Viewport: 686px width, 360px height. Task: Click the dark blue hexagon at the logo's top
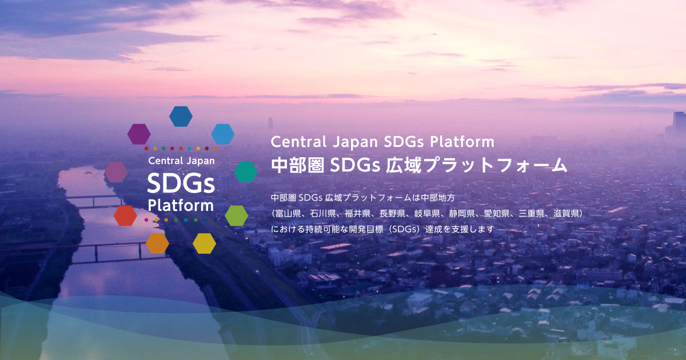click(x=181, y=116)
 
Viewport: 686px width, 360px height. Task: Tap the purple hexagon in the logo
click(x=139, y=134)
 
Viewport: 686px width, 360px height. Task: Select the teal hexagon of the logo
click(x=246, y=172)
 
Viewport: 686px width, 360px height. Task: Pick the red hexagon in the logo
click(x=125, y=215)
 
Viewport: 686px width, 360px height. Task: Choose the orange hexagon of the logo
click(x=157, y=243)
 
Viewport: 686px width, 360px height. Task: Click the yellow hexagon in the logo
click(x=204, y=243)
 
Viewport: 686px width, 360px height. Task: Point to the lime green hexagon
click(x=236, y=215)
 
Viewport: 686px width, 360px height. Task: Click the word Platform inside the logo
click(x=181, y=205)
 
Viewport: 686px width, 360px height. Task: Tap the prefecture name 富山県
click(x=288, y=214)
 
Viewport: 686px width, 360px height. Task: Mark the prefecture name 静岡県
click(x=462, y=214)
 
